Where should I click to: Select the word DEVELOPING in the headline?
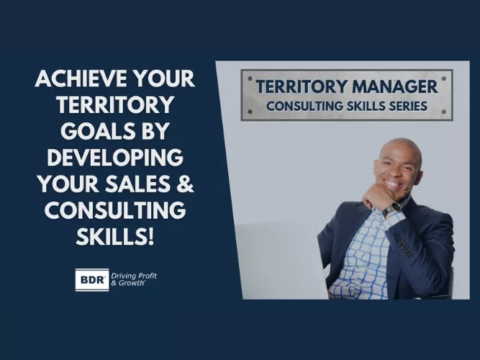pos(114,156)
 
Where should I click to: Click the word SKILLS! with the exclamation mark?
pos(114,235)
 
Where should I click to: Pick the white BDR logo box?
pos(91,279)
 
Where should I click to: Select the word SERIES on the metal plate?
pos(407,106)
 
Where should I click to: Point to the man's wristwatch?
pos(392,210)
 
